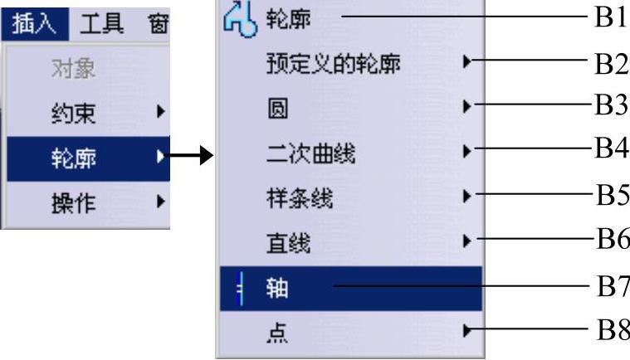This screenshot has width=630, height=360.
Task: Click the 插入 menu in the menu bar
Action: (x=34, y=23)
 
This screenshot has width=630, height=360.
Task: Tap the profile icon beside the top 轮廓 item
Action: (x=237, y=17)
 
